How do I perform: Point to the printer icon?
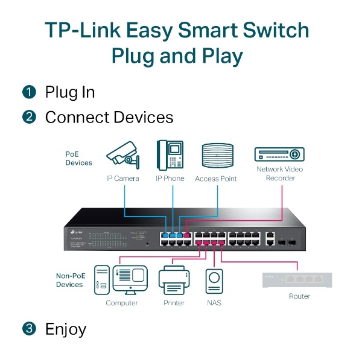[x=174, y=279]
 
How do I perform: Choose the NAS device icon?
[x=214, y=281]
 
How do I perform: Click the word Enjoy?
[x=66, y=329]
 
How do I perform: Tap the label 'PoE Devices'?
[x=78, y=158]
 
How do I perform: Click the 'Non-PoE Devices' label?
[x=69, y=280]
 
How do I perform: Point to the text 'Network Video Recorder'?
[x=279, y=173]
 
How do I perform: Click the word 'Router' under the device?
[x=299, y=296]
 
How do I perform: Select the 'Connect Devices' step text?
[x=109, y=117]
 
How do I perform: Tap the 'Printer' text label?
[x=174, y=303]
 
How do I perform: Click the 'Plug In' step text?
[x=70, y=92]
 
